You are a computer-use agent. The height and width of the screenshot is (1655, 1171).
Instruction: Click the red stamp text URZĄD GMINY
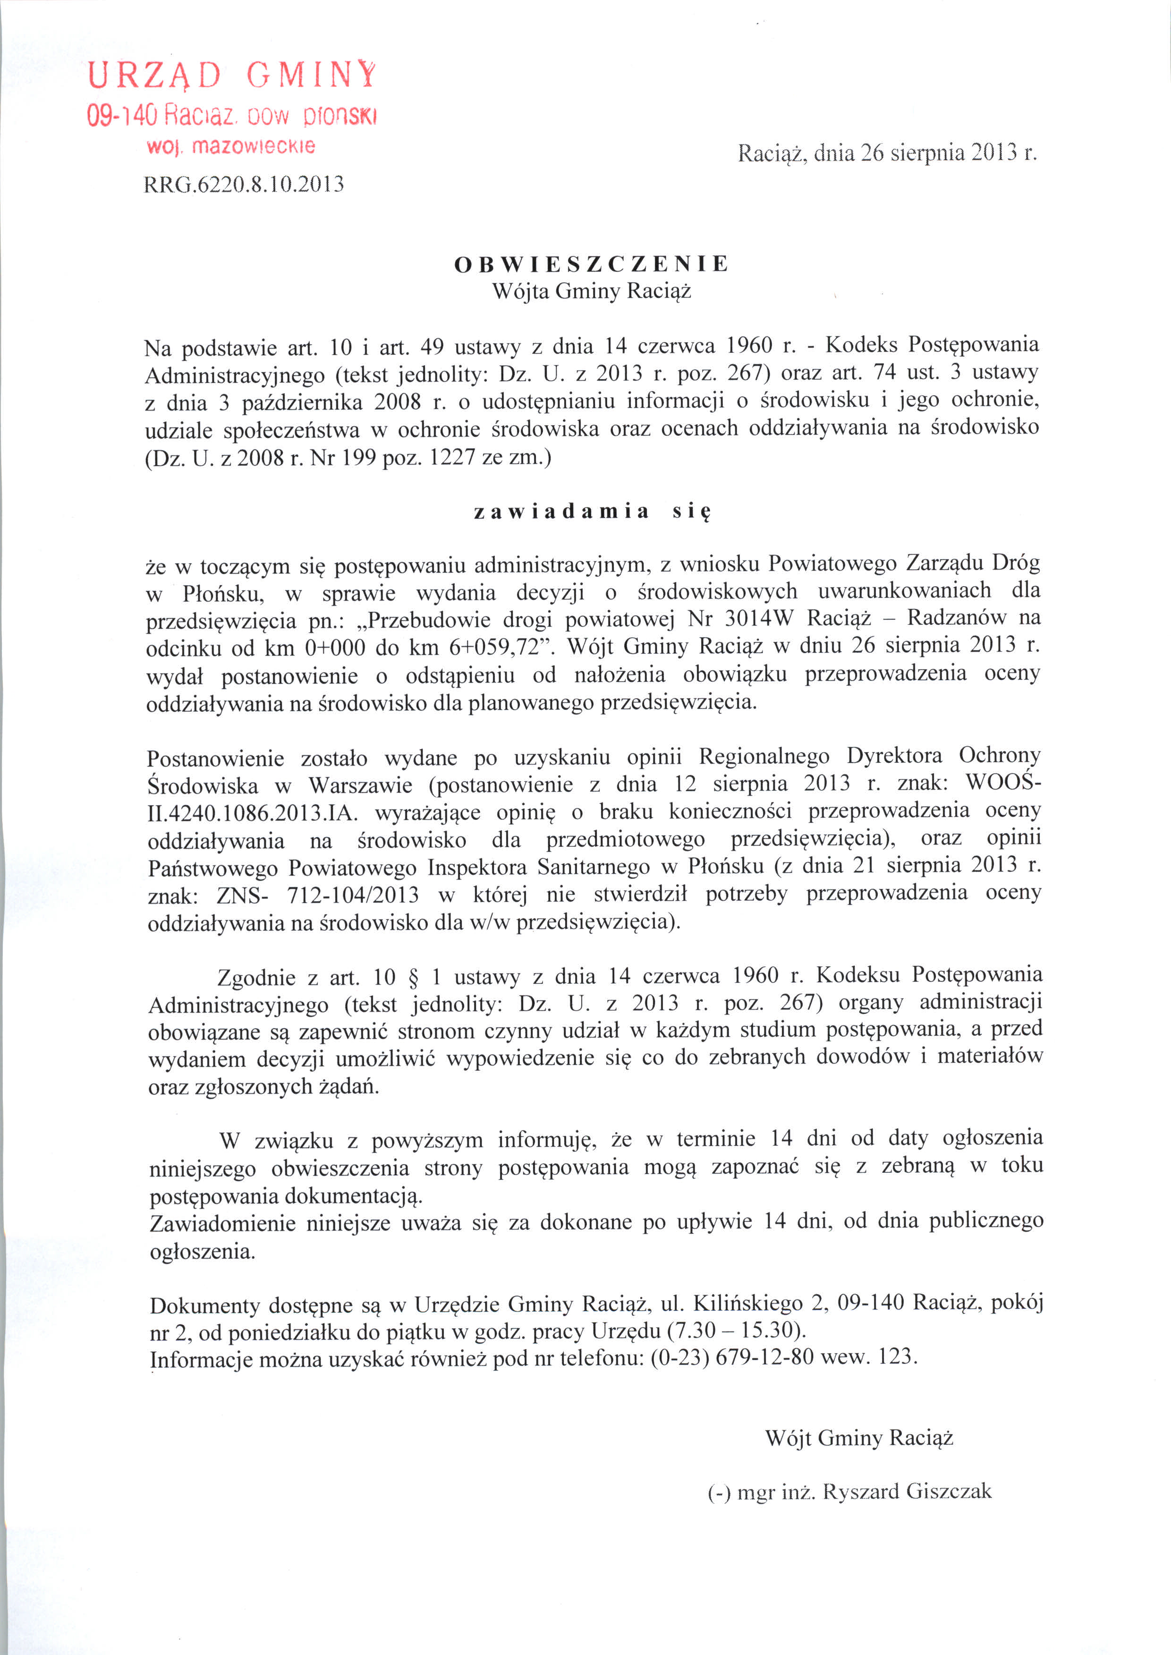pos(231,75)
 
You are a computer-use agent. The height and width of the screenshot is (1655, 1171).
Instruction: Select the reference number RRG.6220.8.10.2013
pos(244,185)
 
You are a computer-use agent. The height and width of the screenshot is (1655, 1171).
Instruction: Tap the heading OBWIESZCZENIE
pos(591,264)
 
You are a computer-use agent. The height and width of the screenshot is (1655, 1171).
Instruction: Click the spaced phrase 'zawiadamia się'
pos(593,512)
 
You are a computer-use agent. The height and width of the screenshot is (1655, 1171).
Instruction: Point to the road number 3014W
pos(756,619)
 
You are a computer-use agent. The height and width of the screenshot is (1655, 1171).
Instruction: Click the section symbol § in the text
pos(413,978)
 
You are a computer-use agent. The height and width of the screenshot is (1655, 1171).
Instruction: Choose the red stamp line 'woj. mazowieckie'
pos(231,146)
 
